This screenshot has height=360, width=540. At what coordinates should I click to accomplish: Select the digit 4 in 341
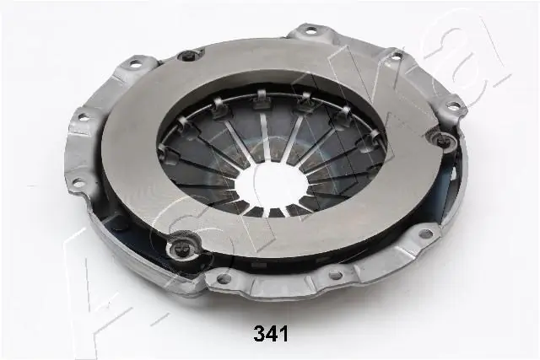[272, 335]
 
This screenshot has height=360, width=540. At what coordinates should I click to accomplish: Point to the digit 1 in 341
[283, 335]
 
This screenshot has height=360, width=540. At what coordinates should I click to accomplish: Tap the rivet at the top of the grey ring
[189, 56]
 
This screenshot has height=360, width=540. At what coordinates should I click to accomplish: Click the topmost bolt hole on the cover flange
[310, 31]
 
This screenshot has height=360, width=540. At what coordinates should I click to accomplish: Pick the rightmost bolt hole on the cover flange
[454, 107]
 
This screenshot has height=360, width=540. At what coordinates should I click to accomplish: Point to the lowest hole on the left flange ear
[77, 181]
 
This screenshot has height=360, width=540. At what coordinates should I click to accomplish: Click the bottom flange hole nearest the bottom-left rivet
[224, 278]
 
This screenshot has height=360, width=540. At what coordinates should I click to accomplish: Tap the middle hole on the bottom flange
[335, 273]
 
